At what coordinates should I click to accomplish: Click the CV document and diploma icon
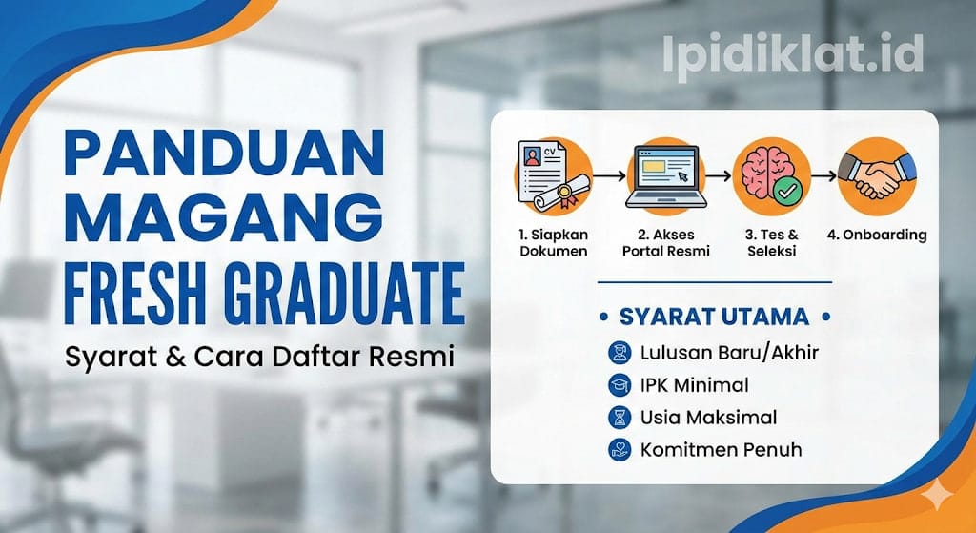(x=553, y=177)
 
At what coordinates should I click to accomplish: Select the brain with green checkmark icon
(x=773, y=177)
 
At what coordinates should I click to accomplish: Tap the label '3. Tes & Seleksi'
(x=772, y=242)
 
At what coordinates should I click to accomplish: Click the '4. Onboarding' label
(x=877, y=234)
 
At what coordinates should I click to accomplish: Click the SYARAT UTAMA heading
(x=714, y=317)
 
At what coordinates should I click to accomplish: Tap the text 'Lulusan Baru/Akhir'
(x=730, y=353)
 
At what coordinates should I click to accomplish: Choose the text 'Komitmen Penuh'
(x=721, y=448)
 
